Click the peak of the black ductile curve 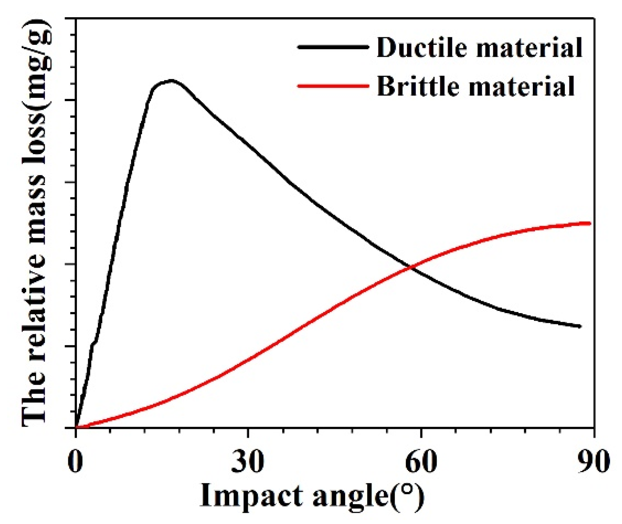[171, 80]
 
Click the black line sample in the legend [333, 47]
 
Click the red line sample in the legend [333, 86]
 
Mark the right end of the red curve [590, 223]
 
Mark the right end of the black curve [580, 327]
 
